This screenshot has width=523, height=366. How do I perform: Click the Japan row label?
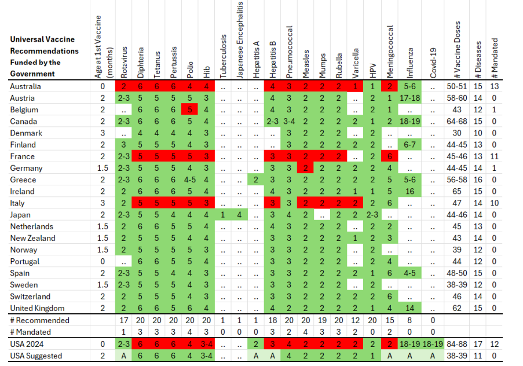coord(21,215)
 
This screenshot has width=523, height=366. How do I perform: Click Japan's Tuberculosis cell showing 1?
coord(223,215)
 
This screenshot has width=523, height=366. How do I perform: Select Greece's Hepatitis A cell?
coord(256,180)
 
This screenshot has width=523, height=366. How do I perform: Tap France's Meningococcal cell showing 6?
coord(390,156)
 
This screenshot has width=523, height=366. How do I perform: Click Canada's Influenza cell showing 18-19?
coord(410,122)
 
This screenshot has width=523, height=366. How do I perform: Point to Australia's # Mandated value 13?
coord(494,86)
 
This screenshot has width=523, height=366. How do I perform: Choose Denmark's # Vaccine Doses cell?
coord(457,133)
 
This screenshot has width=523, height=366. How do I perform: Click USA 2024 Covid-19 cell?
coord(433,344)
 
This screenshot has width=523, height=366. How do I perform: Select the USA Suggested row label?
coord(36,356)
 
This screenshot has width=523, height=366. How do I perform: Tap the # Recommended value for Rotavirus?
coord(124,320)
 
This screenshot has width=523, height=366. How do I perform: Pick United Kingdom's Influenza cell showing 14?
coord(410,308)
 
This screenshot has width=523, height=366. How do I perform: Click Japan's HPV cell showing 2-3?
coord(373,215)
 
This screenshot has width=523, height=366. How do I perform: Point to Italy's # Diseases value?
coord(478,203)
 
